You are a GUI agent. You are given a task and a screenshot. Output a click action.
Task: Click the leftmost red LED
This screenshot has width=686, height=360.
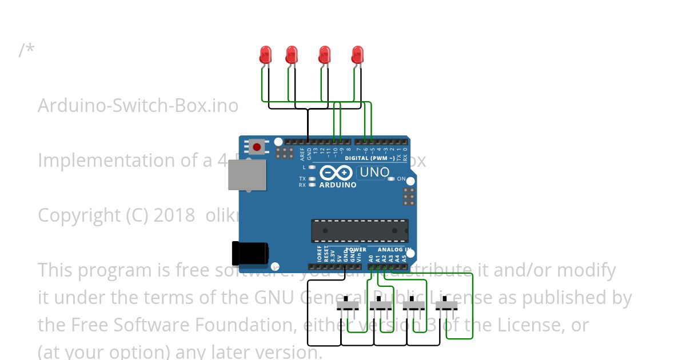click(x=265, y=55)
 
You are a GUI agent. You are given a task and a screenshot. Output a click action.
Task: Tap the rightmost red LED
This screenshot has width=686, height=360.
click(x=357, y=55)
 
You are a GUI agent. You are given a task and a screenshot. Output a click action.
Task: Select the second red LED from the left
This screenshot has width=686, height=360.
click(x=292, y=55)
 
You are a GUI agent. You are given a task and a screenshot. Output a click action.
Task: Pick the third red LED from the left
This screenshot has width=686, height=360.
click(x=325, y=55)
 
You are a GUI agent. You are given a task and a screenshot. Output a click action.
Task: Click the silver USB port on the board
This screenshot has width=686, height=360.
click(x=247, y=174)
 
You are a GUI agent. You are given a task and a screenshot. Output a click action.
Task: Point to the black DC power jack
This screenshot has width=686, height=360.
click(x=250, y=253)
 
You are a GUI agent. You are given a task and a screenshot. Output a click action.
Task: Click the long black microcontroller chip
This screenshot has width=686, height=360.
click(x=360, y=230)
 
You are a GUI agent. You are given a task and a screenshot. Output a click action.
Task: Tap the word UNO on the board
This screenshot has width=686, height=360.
click(x=374, y=172)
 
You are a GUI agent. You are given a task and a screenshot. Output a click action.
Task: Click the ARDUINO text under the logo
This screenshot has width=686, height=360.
click(x=338, y=185)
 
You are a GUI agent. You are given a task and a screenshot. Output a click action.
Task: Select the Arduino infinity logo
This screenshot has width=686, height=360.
click(x=336, y=173)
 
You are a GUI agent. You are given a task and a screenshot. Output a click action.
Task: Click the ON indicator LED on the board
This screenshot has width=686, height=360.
click(x=392, y=179)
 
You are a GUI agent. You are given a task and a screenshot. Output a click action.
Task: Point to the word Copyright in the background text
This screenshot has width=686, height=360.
click(x=79, y=216)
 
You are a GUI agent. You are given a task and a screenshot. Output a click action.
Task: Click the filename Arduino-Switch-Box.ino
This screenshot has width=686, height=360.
click(x=138, y=106)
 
